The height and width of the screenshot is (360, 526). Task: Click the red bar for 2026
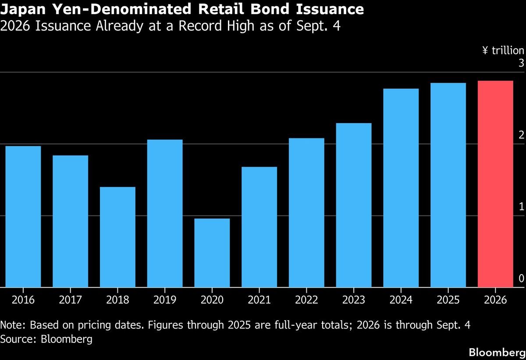tap(495, 184)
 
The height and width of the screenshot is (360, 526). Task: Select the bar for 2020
tap(212, 253)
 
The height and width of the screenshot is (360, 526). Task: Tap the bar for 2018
tap(117, 237)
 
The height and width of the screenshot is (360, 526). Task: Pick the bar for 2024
tap(401, 188)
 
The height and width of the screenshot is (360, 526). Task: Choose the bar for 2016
tap(23, 217)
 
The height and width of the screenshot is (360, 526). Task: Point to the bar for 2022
tap(306, 212)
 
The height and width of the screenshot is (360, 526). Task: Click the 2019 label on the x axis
tap(165, 300)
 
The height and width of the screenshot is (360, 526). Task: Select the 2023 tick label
tap(354, 300)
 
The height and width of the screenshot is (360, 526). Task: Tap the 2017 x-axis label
tap(71, 300)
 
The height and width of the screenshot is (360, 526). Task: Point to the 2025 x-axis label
tap(448, 300)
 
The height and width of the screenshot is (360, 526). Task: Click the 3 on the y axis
tap(521, 63)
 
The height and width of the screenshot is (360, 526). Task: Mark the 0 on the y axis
tap(521, 279)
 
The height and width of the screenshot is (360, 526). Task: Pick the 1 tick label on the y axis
tap(521, 207)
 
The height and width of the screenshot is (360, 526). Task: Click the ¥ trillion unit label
tap(503, 50)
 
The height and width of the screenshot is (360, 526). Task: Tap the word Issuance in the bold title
tap(330, 9)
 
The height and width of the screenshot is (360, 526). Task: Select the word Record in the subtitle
tap(200, 25)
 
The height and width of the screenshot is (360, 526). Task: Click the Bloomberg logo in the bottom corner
tap(497, 353)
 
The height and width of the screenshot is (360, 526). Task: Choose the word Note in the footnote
tap(12, 325)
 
